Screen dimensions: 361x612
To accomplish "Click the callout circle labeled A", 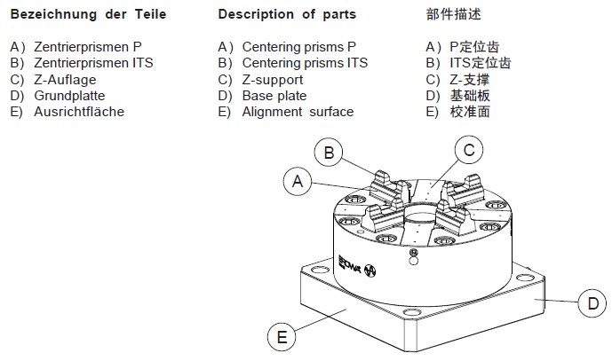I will click(299, 181).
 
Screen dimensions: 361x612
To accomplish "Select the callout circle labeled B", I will click(329, 153).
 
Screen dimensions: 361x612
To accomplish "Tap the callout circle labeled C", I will click(470, 151).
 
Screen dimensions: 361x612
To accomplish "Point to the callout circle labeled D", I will click(592, 304).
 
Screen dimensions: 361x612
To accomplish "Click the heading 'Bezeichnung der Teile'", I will click(88, 14).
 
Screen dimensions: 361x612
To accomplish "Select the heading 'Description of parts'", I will click(287, 14).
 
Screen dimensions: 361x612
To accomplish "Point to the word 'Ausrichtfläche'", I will click(79, 112).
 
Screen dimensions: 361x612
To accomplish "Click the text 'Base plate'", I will click(274, 96).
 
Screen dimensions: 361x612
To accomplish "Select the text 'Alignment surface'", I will click(298, 112).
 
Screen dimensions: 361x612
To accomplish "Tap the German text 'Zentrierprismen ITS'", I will click(93, 63).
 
